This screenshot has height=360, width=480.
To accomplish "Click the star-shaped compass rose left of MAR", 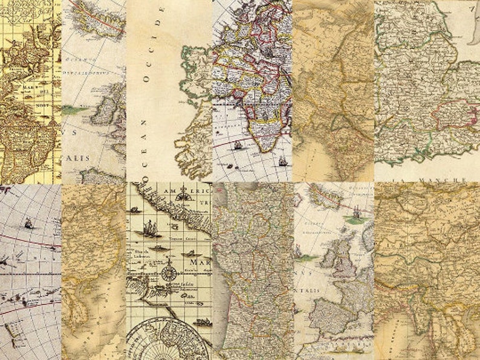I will coord(170,273).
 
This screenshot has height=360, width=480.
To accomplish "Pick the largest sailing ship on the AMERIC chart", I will coord(149,228).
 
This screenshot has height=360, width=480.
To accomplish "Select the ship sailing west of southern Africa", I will coord(237,145).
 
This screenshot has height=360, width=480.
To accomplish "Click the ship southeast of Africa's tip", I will coord(282,160).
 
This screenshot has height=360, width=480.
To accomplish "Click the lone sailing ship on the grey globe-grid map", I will coord(28,223).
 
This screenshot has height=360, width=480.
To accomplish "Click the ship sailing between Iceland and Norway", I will coord(355,211).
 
